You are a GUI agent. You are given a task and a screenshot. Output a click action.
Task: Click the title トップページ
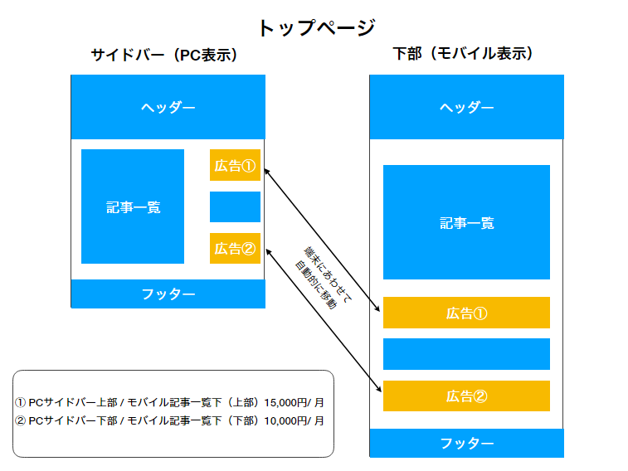tap(317, 28)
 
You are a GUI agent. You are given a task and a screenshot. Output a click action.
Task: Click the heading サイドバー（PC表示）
tap(164, 55)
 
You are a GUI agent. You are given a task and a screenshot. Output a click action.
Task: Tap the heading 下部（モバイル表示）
tap(464, 53)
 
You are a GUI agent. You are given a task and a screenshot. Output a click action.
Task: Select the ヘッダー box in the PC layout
tap(168, 107)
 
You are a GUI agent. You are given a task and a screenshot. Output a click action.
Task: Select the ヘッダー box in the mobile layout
tap(466, 107)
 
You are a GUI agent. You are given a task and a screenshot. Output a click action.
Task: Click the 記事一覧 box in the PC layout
tap(133, 206)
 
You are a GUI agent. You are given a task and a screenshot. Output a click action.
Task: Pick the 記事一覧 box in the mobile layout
tap(466, 222)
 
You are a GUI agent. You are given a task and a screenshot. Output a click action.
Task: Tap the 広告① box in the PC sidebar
tap(235, 165)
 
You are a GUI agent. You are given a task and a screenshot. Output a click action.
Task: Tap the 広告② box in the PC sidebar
tap(235, 248)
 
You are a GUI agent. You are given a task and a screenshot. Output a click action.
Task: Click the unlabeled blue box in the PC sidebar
tap(235, 206)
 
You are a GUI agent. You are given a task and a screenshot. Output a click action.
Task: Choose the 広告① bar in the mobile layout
tap(466, 313)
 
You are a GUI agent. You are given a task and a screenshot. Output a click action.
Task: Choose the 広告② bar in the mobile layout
tap(466, 396)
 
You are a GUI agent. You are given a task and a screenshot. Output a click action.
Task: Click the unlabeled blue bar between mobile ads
tap(466, 354)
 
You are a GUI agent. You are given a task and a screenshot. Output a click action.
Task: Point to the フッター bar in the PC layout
tap(168, 294)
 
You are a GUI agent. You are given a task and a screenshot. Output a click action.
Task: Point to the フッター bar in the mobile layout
tap(466, 443)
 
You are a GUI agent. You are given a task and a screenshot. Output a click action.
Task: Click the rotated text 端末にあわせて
tap(329, 274)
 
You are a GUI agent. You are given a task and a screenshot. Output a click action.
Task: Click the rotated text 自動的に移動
tap(316, 285)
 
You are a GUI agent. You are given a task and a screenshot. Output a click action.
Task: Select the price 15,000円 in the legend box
tap(285, 402)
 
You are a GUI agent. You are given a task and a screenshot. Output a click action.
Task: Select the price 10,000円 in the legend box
tap(285, 421)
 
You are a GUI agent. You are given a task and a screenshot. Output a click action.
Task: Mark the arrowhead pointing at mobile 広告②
tap(378, 389)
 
